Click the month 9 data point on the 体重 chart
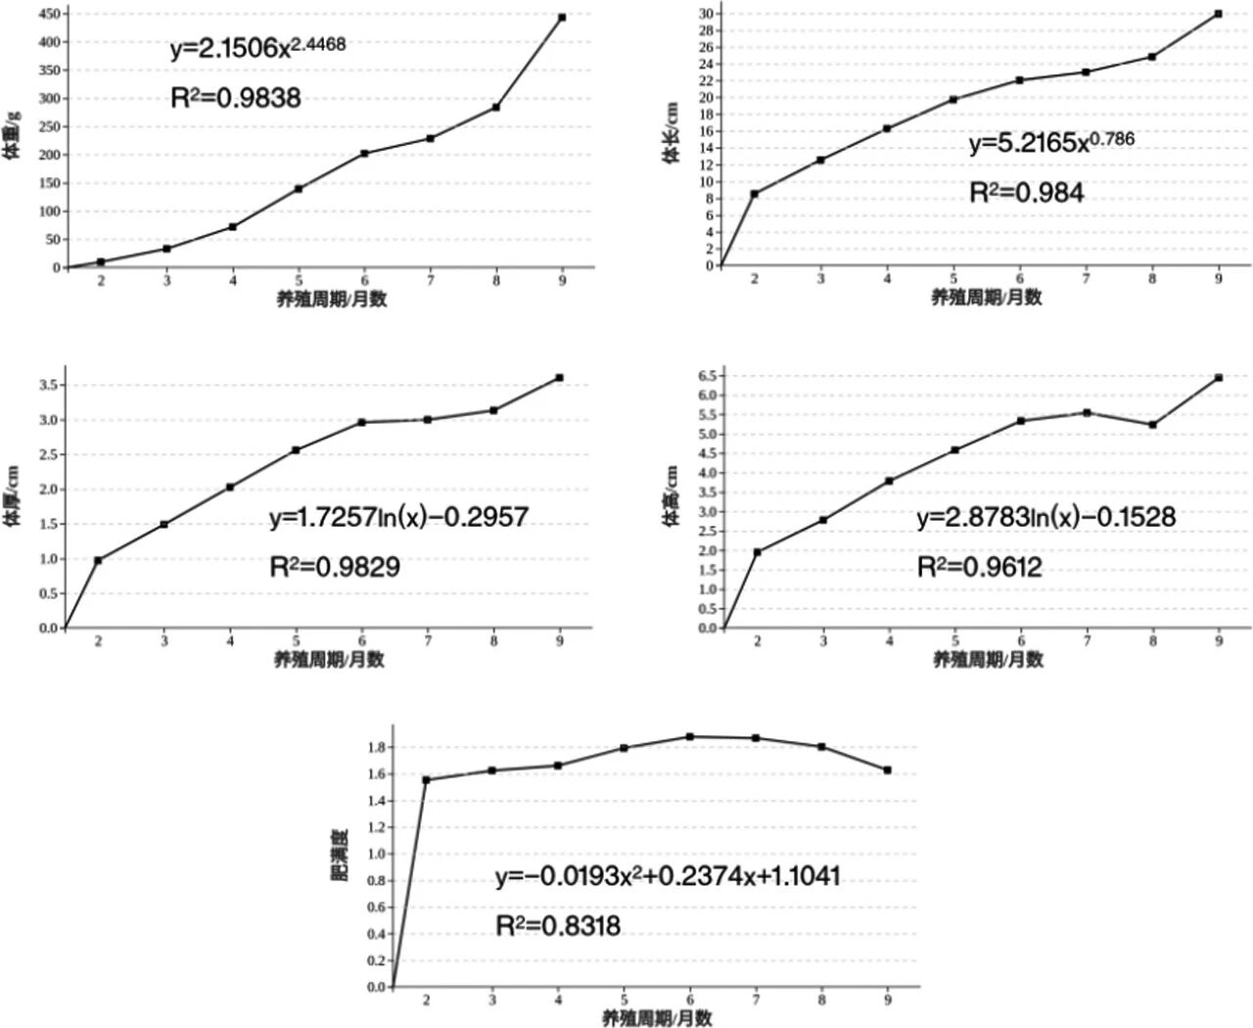[x=562, y=18]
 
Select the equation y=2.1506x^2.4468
[x=257, y=48]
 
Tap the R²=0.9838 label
[x=236, y=98]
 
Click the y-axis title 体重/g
[x=13, y=134]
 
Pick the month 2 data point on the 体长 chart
[x=754, y=194]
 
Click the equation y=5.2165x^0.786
[x=1051, y=143]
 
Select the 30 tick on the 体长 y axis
[x=705, y=14]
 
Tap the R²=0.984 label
[x=1026, y=193]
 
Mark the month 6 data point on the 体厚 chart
[x=362, y=423]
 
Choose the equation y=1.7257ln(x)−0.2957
[x=398, y=517]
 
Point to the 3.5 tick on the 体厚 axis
[x=48, y=385]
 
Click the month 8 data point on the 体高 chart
[x=1153, y=425]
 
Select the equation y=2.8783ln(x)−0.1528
[x=1045, y=517]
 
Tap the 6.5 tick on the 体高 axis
[x=708, y=376]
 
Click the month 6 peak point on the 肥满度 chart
[x=690, y=736]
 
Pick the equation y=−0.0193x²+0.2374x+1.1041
[x=668, y=876]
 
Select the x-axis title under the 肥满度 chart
[x=657, y=1018]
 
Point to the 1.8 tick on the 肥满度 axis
[x=377, y=747]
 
